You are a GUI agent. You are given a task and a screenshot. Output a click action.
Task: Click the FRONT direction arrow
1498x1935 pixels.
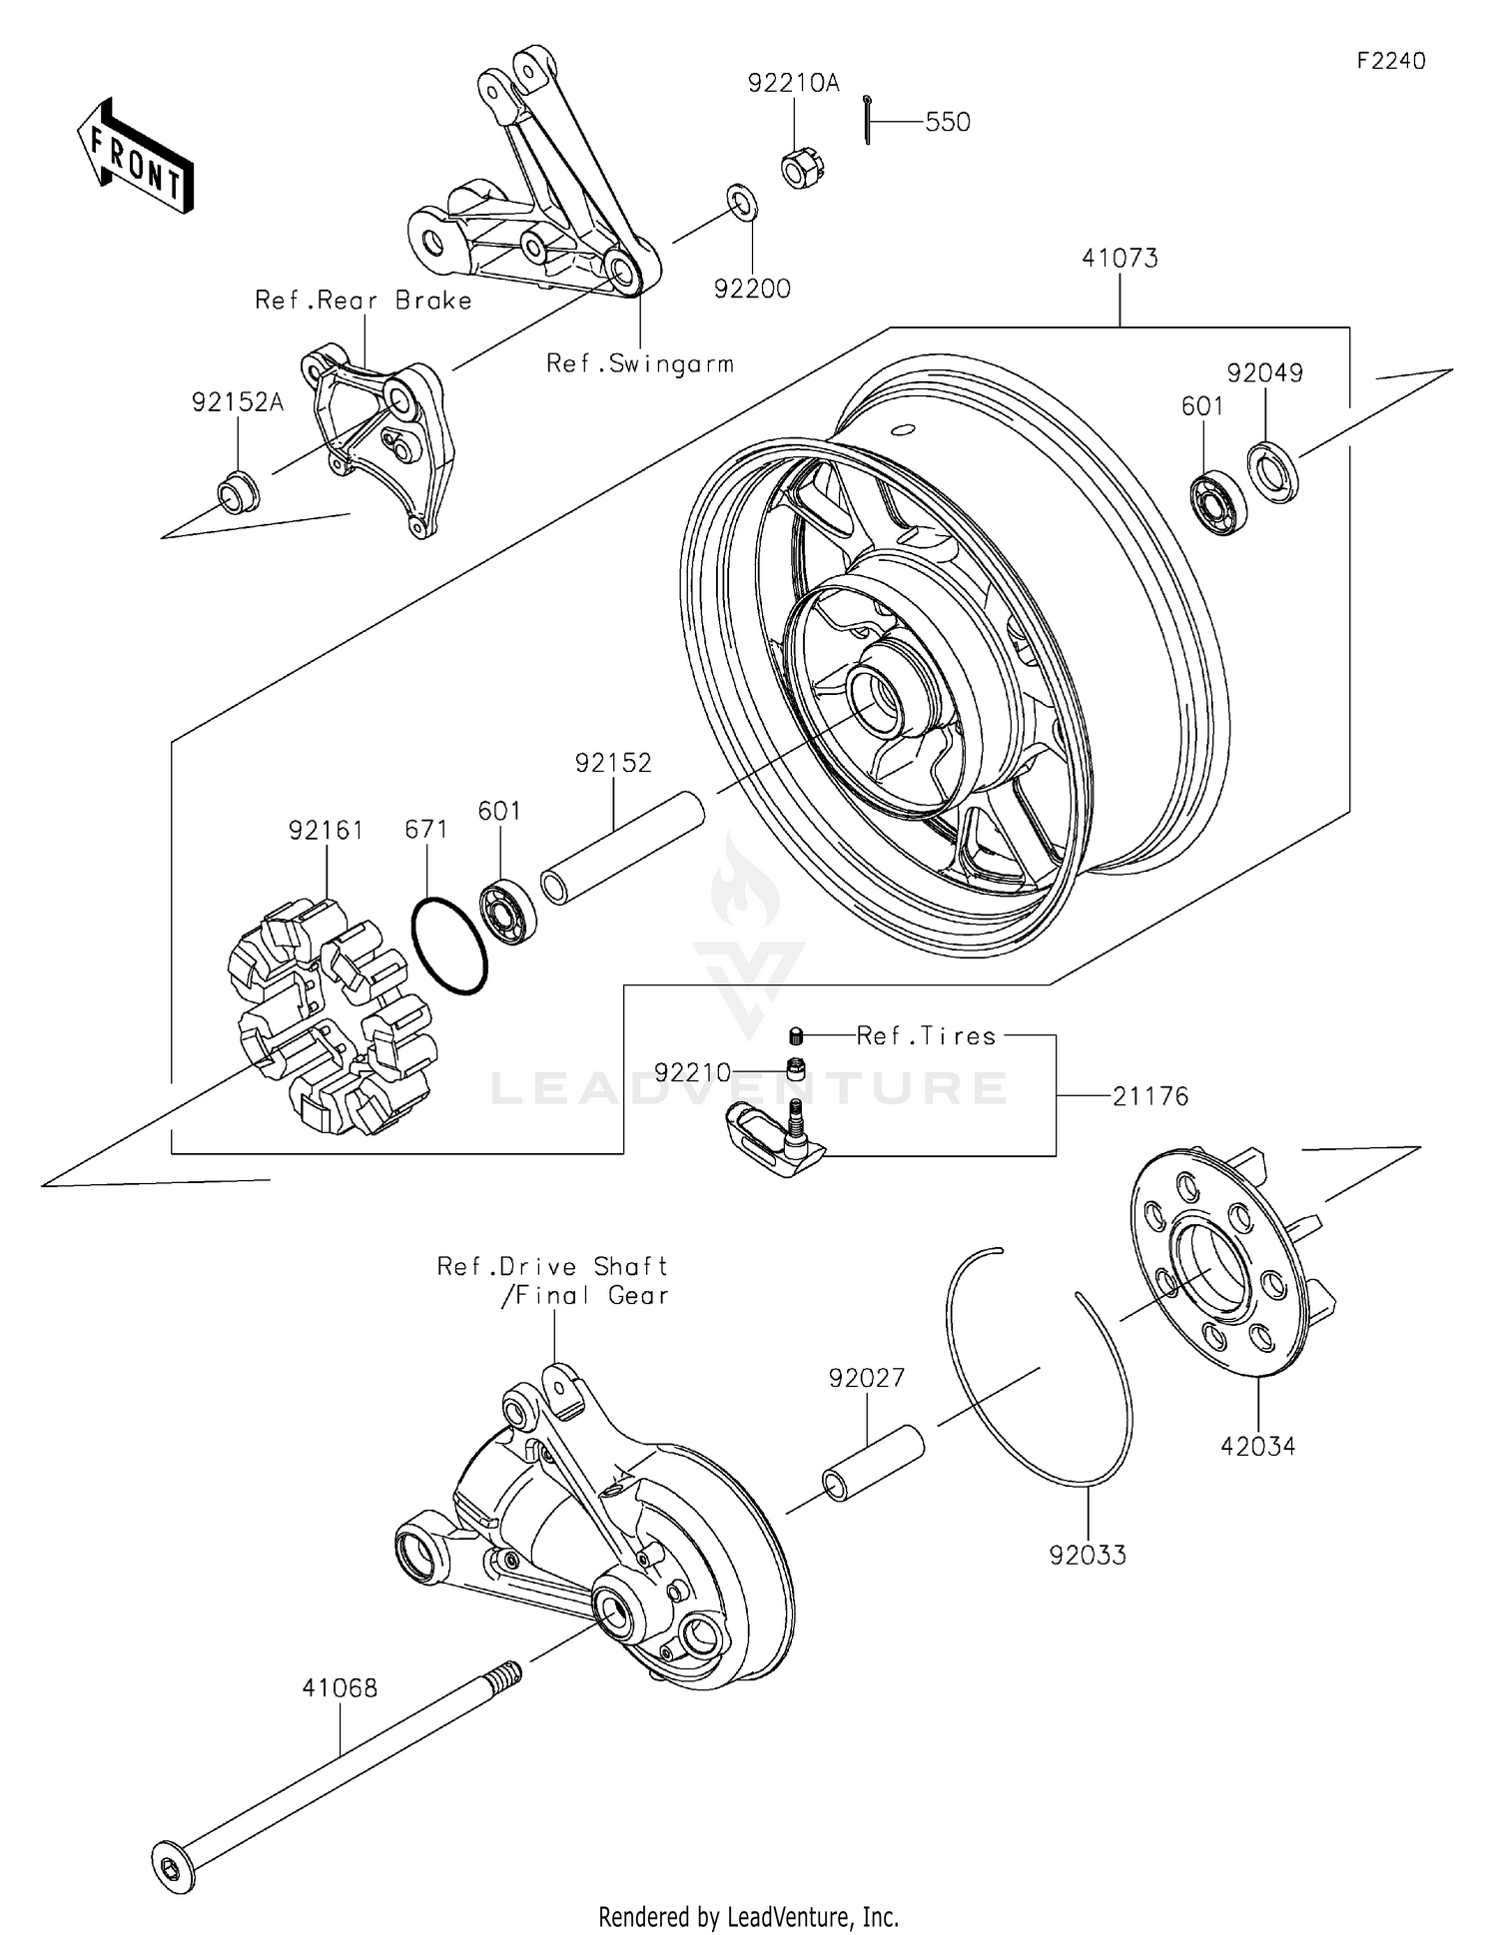(x=135, y=158)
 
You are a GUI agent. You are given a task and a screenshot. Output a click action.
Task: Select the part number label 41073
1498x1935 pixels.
(x=1120, y=259)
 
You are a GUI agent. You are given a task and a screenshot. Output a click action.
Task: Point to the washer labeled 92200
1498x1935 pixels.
(x=741, y=203)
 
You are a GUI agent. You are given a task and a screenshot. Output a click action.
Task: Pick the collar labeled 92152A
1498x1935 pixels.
(x=238, y=491)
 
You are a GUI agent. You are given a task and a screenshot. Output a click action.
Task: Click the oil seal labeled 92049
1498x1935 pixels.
(x=1273, y=470)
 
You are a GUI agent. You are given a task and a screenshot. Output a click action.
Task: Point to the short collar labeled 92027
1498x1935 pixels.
(x=873, y=1463)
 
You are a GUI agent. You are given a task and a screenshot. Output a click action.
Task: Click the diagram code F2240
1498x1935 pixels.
(x=1390, y=61)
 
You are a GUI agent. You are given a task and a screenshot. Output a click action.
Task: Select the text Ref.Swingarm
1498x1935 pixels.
(x=639, y=363)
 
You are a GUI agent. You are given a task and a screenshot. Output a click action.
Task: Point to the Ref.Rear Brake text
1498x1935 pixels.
(x=364, y=301)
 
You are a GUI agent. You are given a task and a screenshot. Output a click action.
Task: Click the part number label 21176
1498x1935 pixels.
(x=1150, y=1096)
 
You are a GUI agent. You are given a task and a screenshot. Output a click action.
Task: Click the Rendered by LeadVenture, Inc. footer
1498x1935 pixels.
(x=748, y=1916)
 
